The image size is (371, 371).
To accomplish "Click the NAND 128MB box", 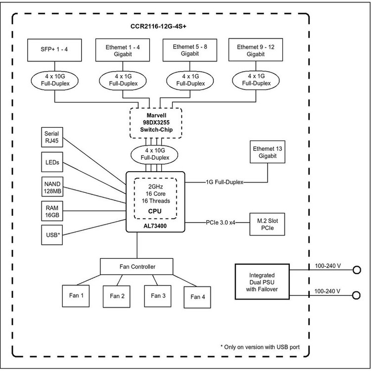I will click(x=52, y=186).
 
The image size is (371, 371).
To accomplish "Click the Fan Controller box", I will click(x=137, y=267).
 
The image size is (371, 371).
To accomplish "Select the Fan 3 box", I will click(x=158, y=295).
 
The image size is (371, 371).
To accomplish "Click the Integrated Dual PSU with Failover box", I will click(x=262, y=280).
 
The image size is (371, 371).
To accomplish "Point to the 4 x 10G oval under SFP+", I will click(x=54, y=80).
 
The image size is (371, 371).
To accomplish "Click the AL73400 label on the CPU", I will click(x=156, y=225).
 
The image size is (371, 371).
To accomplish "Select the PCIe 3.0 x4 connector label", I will click(x=220, y=222).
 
